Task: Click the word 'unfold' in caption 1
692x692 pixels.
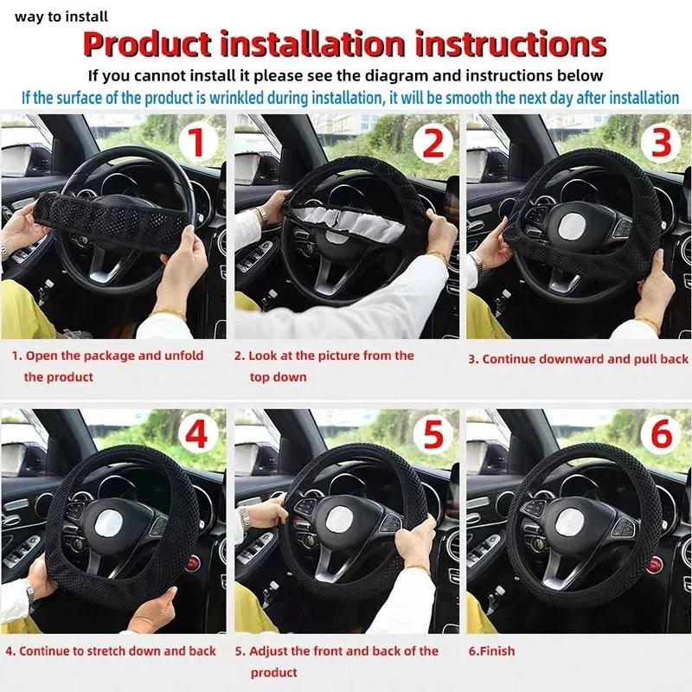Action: click(183, 356)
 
